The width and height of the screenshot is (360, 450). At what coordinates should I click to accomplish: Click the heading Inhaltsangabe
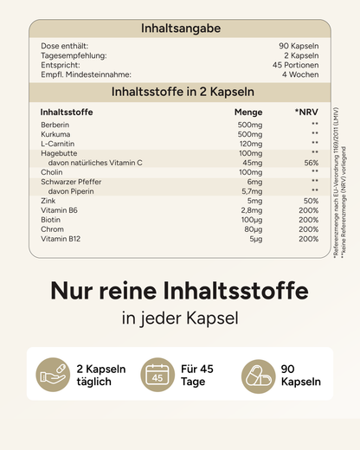180,29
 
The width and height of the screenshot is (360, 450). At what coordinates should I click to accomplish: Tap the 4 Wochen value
302,74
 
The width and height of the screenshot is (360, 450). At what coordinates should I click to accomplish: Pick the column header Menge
248,112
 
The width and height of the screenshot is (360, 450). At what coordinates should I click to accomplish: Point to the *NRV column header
305,112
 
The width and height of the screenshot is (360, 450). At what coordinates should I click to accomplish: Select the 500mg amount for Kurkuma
250,135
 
